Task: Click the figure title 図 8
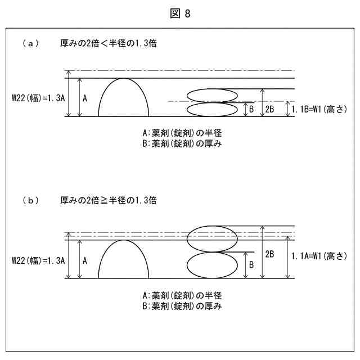180,14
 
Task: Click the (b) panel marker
30,200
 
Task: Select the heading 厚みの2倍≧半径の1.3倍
108,200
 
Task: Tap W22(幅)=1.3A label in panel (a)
39,97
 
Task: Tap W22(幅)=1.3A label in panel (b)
39,260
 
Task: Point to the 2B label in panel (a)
269,109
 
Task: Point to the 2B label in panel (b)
269,253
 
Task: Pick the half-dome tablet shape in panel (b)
124,262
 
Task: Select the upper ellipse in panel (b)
212,238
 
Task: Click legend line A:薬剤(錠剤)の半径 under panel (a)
182,134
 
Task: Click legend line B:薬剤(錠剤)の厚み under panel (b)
182,306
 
